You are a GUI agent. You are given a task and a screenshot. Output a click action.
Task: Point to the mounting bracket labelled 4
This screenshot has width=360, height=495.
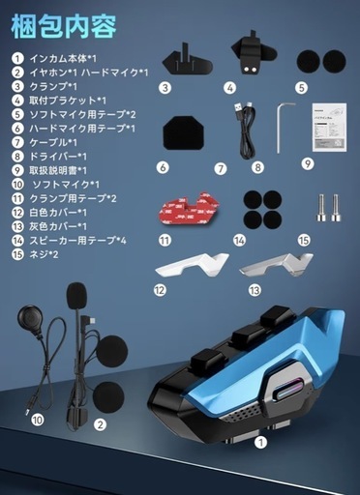click(253, 53)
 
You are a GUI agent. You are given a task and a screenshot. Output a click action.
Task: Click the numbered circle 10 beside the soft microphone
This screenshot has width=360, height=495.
click(37, 421)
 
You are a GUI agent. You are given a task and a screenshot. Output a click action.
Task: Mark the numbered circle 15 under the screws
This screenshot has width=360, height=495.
click(304, 238)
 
